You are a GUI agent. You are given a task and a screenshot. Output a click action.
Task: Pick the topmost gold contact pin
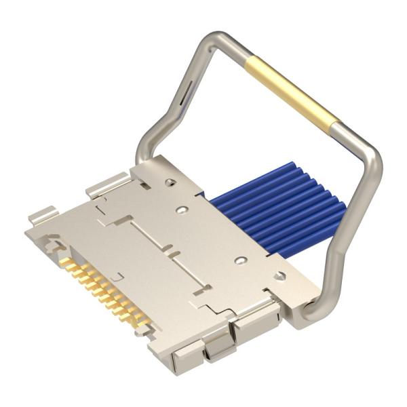click(x=66, y=262)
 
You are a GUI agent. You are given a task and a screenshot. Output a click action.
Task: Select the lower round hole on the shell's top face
click(x=239, y=260)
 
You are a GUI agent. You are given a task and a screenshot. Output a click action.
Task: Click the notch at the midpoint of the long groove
click(x=173, y=255)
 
